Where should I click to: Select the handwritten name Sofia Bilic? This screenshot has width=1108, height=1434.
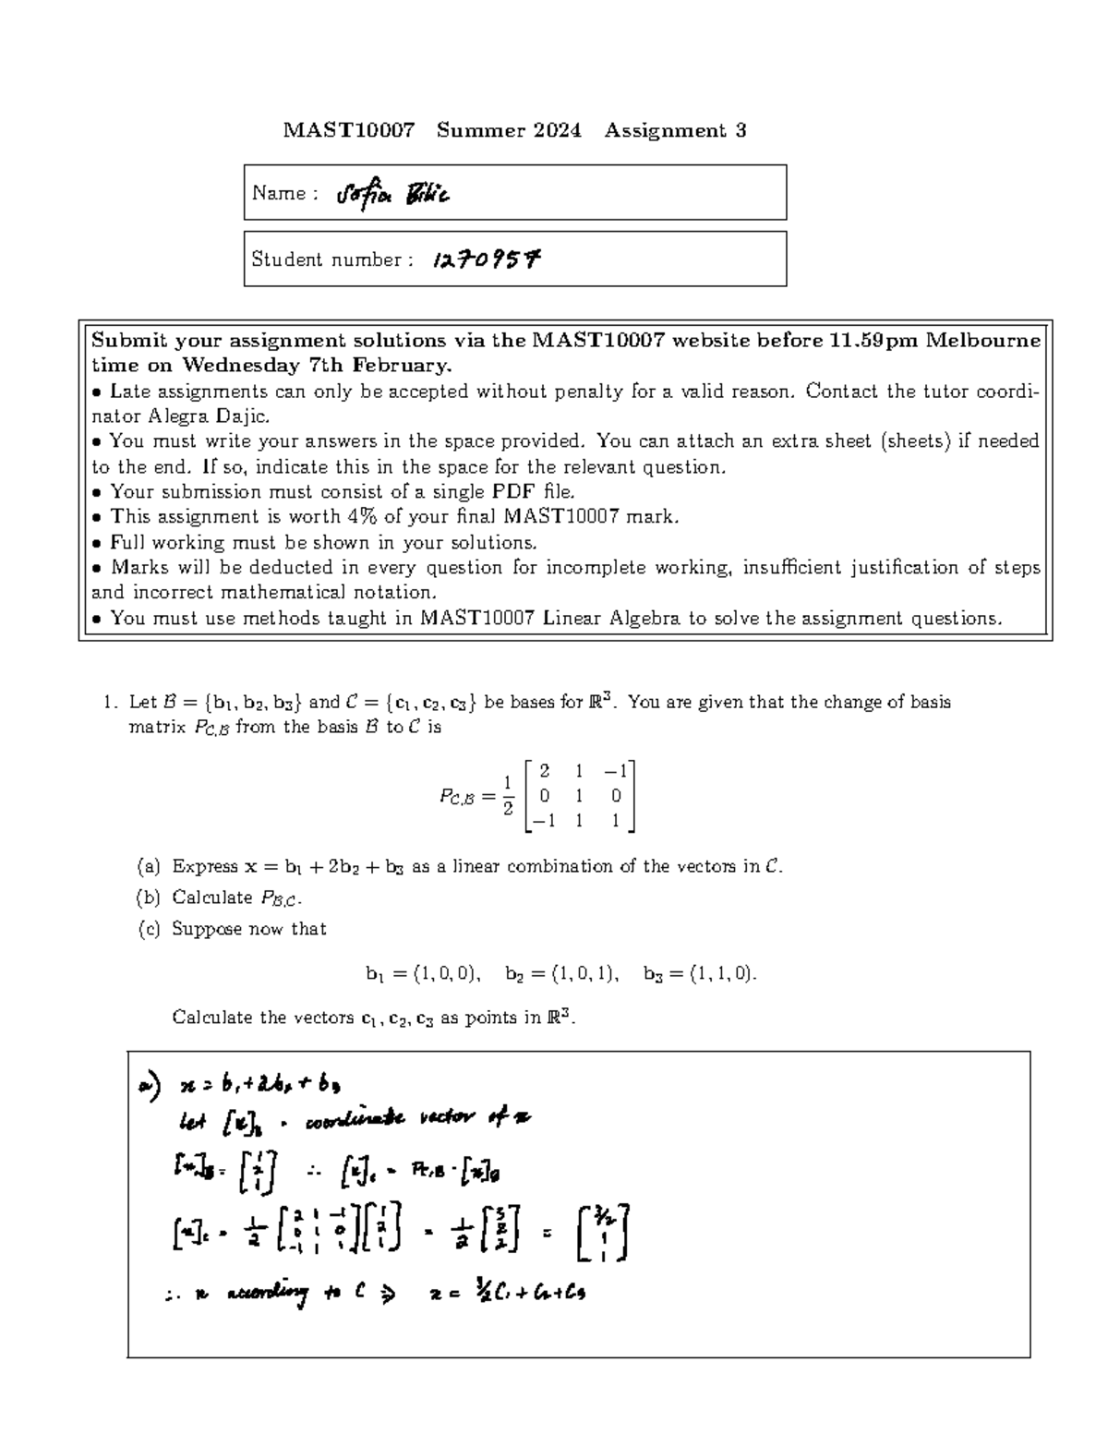click(x=393, y=195)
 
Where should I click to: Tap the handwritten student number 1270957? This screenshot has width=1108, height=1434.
click(x=486, y=260)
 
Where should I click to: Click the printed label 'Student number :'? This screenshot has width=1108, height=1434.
click(x=327, y=259)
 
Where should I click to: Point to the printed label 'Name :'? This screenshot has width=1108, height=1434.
click(x=284, y=193)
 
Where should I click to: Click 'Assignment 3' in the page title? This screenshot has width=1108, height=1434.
click(x=675, y=130)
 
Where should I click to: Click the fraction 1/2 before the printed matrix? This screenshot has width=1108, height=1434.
click(x=506, y=796)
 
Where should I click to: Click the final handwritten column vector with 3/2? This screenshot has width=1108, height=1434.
click(x=602, y=1234)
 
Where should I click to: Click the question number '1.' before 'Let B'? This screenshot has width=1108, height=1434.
click(x=111, y=703)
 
